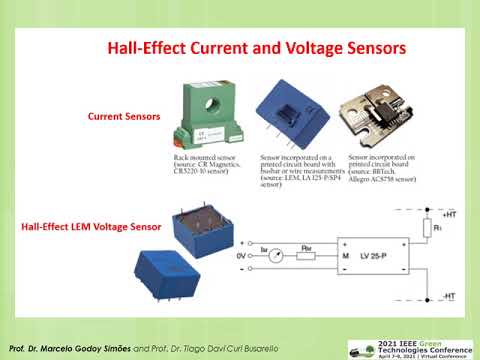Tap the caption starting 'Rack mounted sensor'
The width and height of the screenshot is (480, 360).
[199, 167]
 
